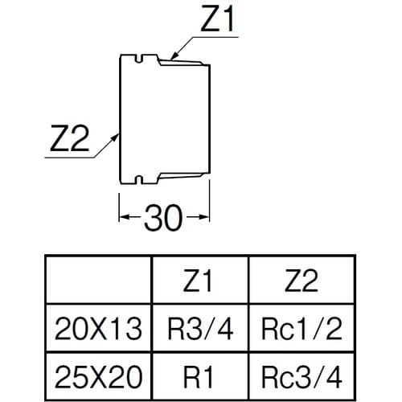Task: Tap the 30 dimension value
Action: pos(164,217)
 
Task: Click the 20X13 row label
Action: pos(100,328)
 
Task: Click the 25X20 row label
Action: pos(100,374)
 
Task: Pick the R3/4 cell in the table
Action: pos(201,328)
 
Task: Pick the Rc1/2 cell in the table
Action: pos(301,328)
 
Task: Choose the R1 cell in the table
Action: pos(201,374)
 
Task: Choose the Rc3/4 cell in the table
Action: pos(301,374)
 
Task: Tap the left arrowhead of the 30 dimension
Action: pos(123,217)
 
